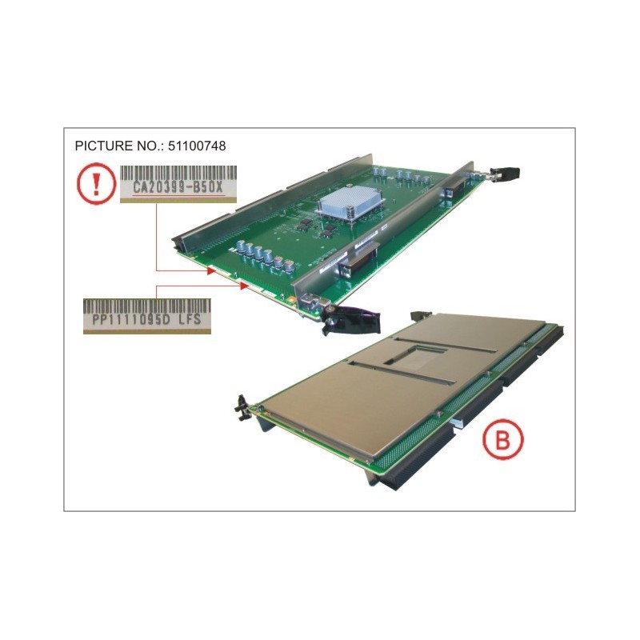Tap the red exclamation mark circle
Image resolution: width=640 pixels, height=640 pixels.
point(96,184)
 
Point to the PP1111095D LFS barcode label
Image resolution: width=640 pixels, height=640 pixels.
point(147,315)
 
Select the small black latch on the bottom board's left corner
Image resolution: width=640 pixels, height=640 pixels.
point(239,406)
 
